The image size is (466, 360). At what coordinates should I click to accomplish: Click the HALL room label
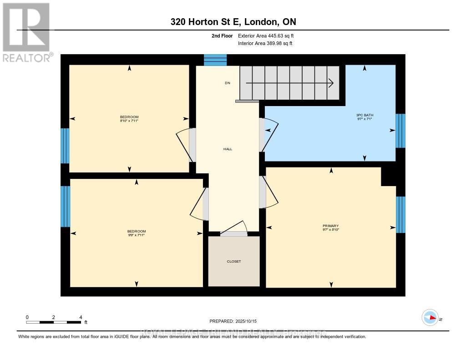228,149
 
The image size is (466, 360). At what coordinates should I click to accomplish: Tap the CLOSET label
233,261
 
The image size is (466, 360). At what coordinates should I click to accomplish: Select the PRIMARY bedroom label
331,226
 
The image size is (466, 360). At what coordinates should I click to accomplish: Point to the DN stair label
227,83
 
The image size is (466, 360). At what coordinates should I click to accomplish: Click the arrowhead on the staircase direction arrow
331,83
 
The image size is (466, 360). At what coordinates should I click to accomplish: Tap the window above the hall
215,60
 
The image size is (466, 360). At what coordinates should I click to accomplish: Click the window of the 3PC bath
400,131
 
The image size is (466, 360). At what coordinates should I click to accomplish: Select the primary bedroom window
400,214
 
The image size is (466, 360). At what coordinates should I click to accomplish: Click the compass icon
430,318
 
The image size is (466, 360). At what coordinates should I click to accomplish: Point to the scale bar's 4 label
81,317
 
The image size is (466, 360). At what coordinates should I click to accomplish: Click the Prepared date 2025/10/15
236,321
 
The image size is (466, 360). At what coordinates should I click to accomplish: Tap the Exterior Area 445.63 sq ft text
269,35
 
